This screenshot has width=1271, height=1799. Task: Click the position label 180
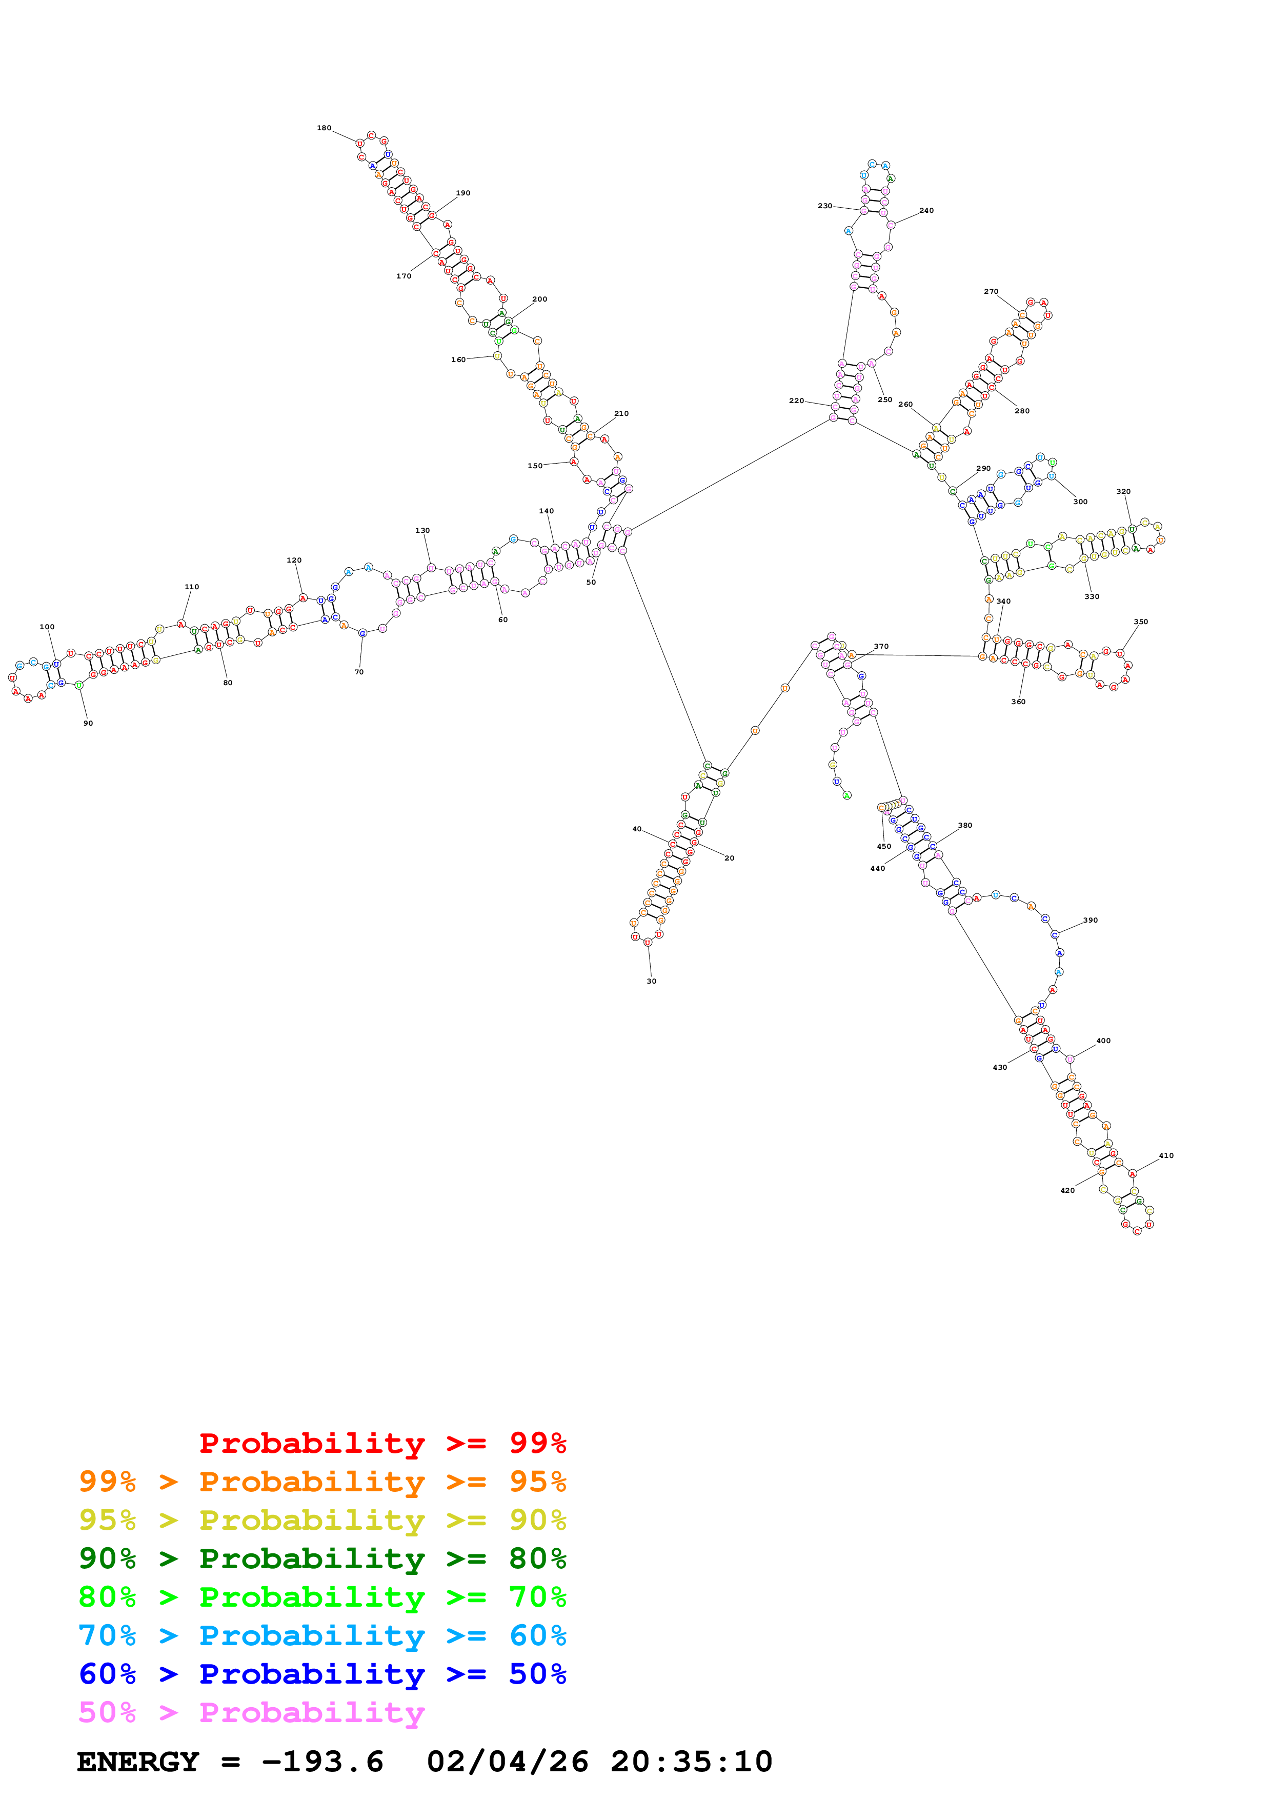pos(324,128)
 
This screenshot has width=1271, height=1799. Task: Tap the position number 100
pos(47,627)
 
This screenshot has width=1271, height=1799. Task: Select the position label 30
pos(651,981)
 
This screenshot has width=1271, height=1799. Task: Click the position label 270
pos(991,291)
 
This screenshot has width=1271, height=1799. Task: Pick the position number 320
pos(1123,491)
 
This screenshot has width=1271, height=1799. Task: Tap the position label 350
pos(1140,622)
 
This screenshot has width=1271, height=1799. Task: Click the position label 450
pos(883,846)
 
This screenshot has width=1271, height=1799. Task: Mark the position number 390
pos(1090,920)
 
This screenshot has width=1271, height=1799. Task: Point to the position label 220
pos(796,401)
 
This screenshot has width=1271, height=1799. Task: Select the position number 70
pos(359,671)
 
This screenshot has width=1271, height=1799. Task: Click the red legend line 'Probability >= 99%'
pos(382,1443)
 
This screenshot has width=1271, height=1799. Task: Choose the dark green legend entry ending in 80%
pos(322,1558)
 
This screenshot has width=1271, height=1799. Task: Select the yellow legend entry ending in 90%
pos(322,1520)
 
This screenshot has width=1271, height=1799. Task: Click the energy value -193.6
pos(322,1762)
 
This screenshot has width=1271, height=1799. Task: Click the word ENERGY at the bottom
pos(138,1762)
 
